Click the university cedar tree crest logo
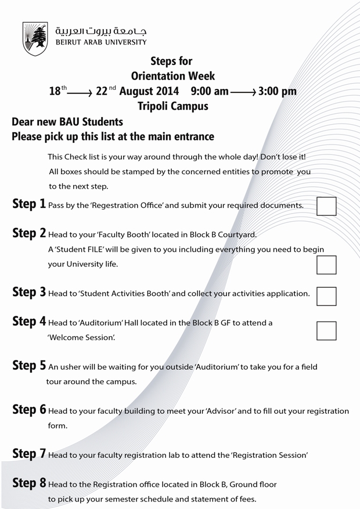(35, 38)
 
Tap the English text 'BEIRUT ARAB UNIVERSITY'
(101, 42)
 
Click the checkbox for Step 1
(326, 206)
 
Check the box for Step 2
(326, 264)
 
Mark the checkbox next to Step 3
(326, 295)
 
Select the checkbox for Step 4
(326, 330)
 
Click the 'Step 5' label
(29, 366)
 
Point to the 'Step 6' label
(29, 410)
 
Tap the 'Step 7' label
(29, 454)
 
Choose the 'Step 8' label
(29, 483)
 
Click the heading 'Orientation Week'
(172, 76)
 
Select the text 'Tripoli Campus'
(172, 106)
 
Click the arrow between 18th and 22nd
(80, 92)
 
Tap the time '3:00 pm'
(277, 91)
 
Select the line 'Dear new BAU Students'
(67, 122)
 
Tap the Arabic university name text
(101, 31)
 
